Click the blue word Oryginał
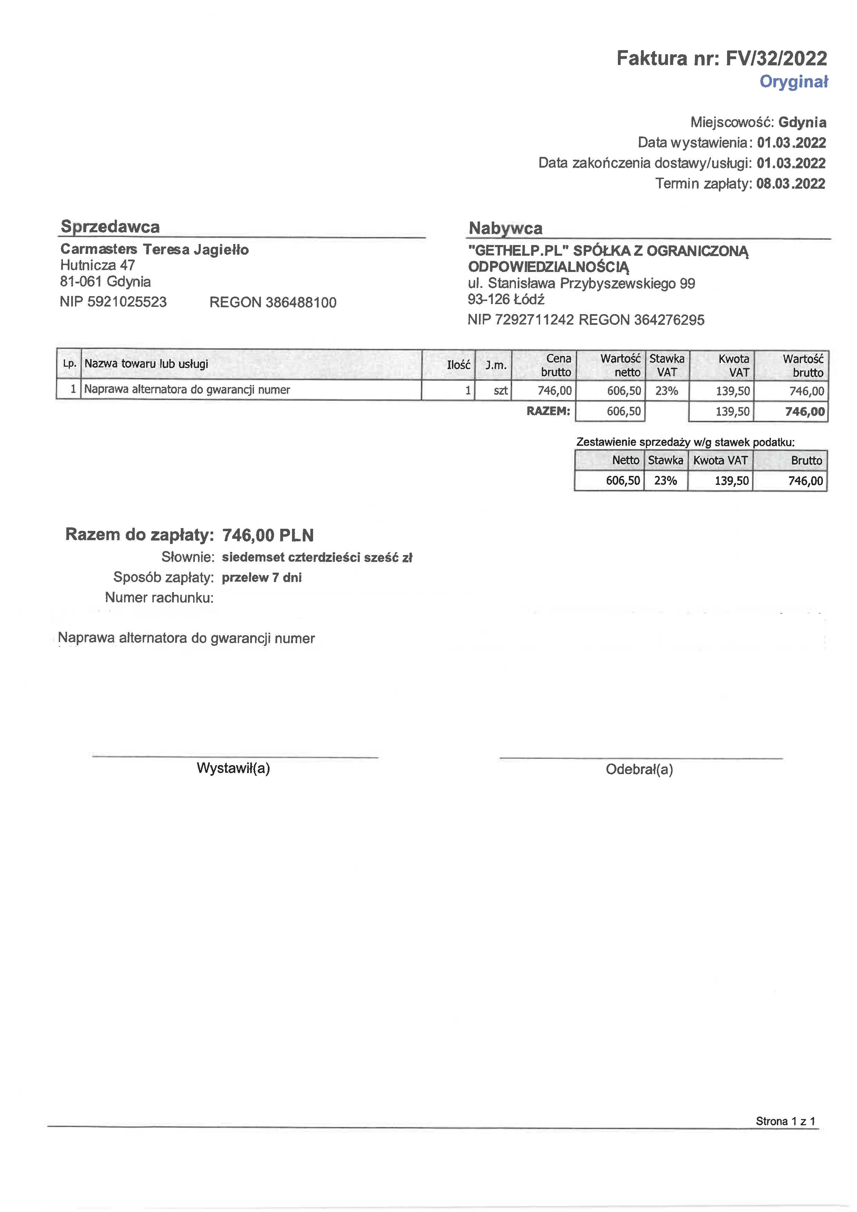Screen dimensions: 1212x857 tap(794, 82)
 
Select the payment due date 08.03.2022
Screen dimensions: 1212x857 tap(791, 184)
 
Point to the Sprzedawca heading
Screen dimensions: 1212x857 tap(110, 226)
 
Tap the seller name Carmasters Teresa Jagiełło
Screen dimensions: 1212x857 tap(154, 249)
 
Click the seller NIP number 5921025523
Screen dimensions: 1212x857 tap(127, 302)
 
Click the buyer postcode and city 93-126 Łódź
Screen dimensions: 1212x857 tap(506, 299)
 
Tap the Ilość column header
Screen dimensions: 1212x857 tap(458, 365)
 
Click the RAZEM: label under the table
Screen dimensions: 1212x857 tap(548, 411)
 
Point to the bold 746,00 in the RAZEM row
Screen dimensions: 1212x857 tap(805, 412)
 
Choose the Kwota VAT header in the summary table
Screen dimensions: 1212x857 tap(720, 460)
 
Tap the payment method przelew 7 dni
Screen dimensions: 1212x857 tap(262, 577)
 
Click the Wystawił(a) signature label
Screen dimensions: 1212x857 tap(233, 768)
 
